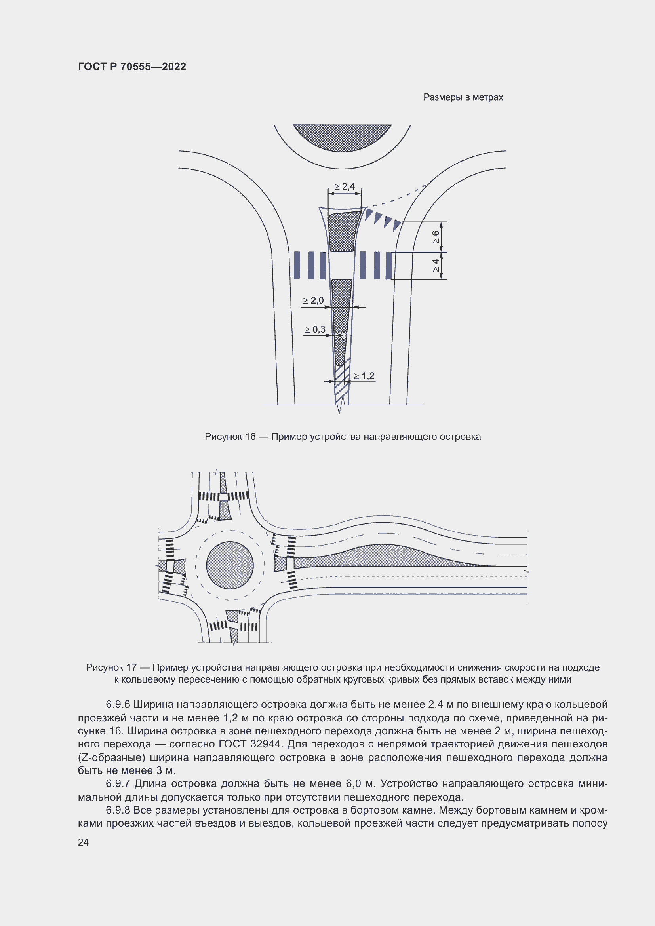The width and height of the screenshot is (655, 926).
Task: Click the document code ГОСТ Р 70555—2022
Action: [x=132, y=67]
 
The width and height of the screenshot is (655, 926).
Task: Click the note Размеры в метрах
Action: [x=463, y=97]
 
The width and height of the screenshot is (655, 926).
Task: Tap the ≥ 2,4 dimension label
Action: [x=345, y=187]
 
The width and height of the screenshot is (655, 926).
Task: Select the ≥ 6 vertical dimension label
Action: [x=436, y=237]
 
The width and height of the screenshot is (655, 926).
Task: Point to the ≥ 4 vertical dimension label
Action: [x=436, y=265]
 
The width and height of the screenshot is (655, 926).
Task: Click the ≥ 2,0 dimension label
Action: [x=313, y=300]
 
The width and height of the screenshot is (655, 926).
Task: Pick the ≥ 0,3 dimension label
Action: [x=315, y=329]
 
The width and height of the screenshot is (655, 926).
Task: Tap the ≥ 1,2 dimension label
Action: [x=364, y=376]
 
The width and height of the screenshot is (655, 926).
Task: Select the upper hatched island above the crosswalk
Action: [x=344, y=232]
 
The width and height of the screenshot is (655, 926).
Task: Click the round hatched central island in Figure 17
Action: [x=230, y=565]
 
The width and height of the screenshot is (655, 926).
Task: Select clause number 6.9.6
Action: [x=118, y=705]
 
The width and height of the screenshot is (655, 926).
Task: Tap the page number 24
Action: [x=83, y=842]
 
